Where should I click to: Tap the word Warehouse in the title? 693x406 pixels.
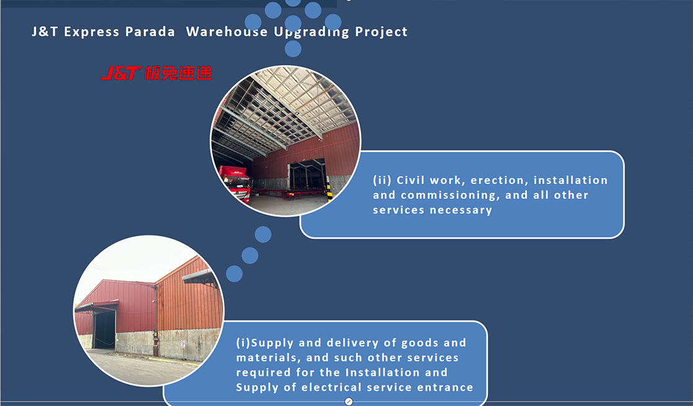tap(227, 32)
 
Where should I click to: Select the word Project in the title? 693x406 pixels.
tap(381, 32)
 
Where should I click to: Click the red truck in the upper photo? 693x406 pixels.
tap(235, 182)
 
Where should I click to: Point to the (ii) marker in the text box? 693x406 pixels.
tap(382, 180)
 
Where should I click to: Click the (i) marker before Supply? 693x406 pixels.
tap(243, 343)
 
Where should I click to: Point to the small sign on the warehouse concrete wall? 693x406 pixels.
tap(183, 344)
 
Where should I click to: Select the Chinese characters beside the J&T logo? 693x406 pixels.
tap(178, 73)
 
